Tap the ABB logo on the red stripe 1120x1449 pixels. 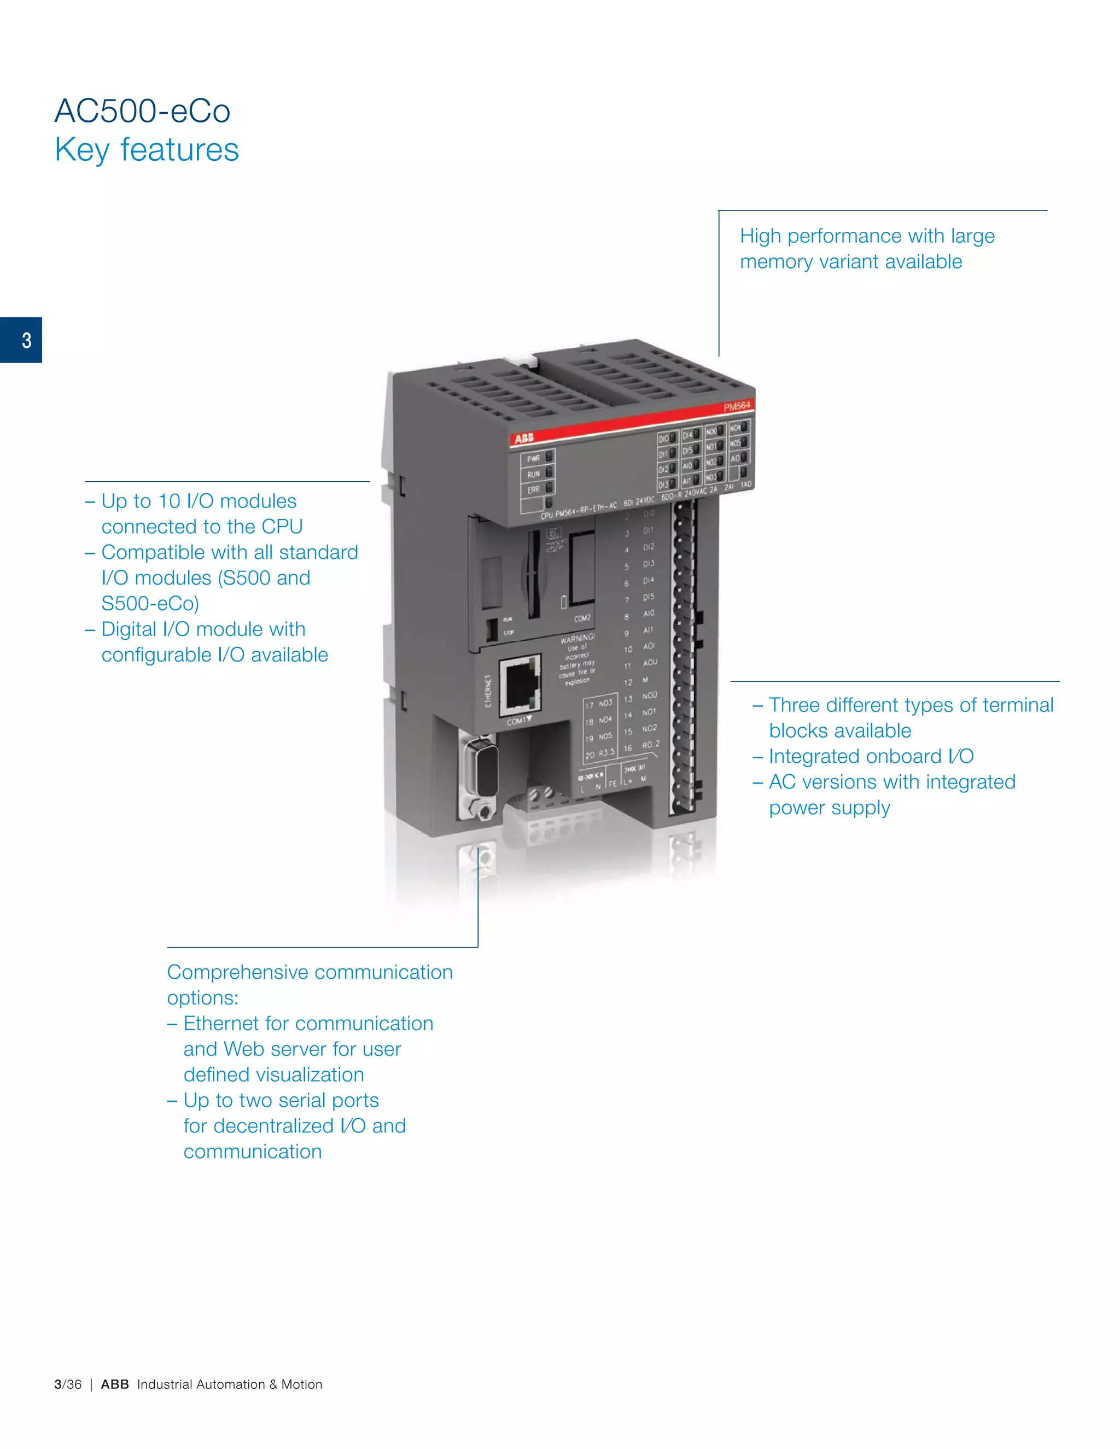click(523, 438)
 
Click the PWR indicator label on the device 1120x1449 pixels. click(533, 458)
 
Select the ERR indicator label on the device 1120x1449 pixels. click(533, 489)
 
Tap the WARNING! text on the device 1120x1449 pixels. click(577, 638)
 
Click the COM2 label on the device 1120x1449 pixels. click(582, 618)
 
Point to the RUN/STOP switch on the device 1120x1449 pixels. click(492, 628)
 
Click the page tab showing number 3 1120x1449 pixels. click(21, 340)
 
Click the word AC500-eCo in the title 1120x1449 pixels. click(142, 111)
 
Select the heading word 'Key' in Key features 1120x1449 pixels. click(81, 150)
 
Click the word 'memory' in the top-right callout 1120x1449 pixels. click(775, 262)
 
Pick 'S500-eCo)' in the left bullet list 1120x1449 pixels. click(150, 604)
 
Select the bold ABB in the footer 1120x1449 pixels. click(115, 1384)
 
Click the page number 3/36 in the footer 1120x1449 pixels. click(68, 1384)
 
